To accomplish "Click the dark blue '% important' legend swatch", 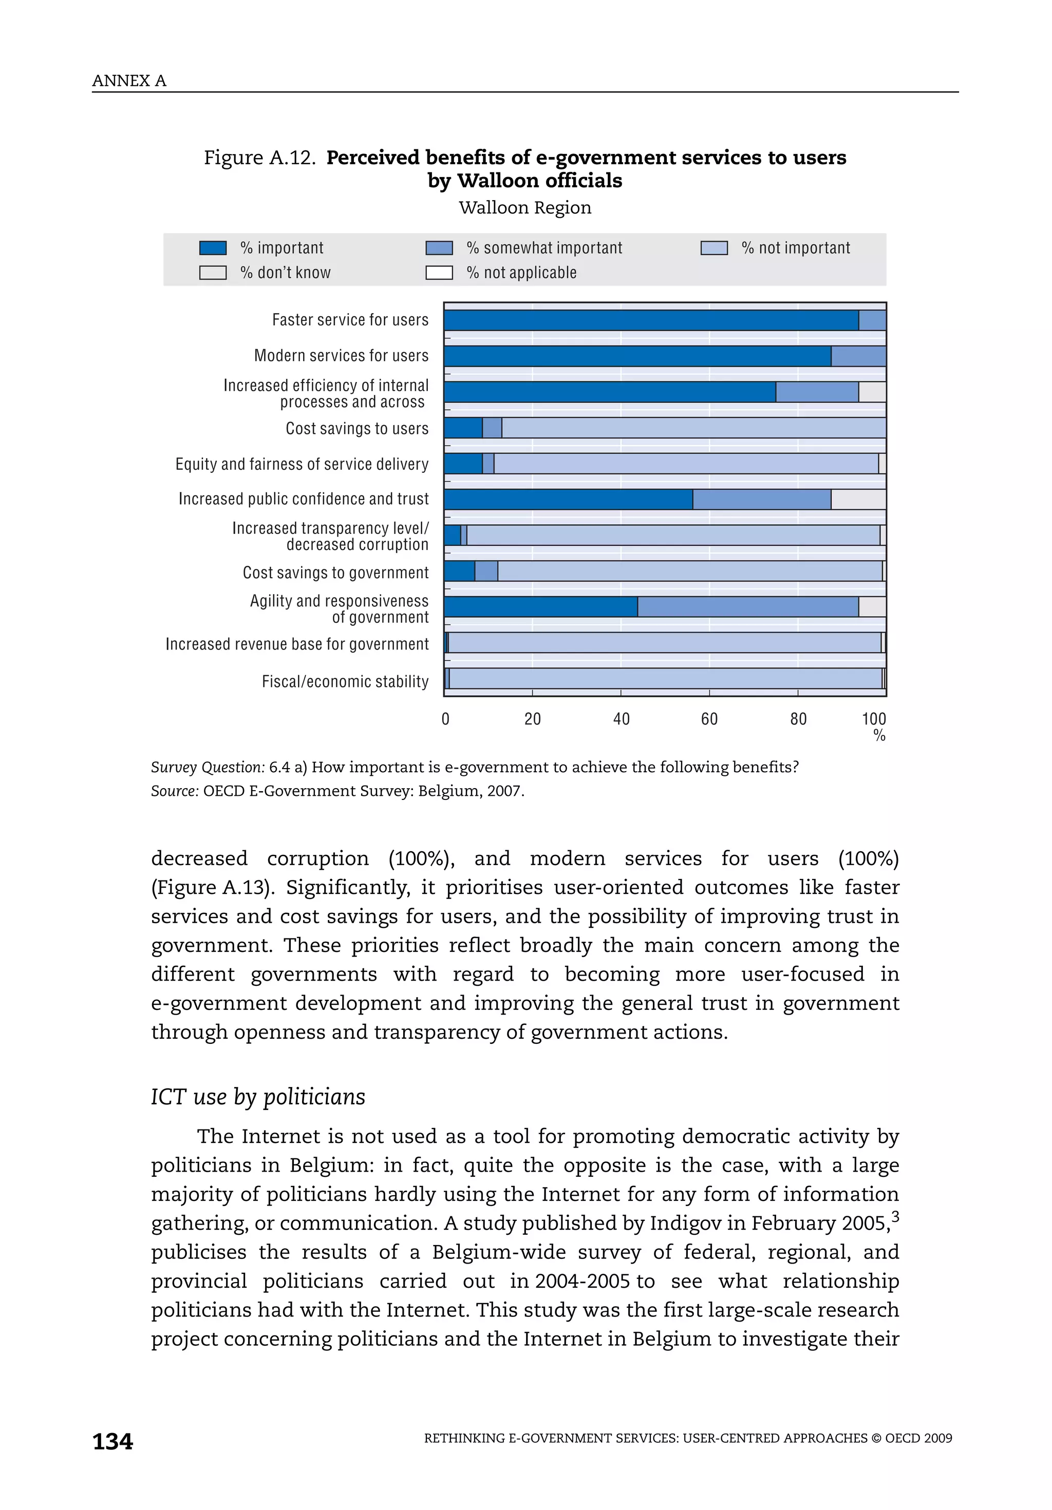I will point(213,248).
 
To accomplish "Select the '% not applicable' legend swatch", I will point(439,272).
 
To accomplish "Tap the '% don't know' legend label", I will point(285,272).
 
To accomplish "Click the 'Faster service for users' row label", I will point(350,320).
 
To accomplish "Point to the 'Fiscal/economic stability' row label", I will point(345,681).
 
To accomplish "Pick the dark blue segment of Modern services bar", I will point(637,356).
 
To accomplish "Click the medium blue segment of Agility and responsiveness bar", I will point(747,606).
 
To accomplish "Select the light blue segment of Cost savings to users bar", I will point(693,428).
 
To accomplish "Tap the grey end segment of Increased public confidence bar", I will point(858,499).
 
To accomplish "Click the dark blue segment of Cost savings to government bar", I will point(459,571).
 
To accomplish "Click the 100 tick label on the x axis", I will point(874,719).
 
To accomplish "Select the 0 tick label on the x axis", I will point(445,719).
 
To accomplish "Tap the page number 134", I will point(112,1442).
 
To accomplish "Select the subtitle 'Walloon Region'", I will point(525,208).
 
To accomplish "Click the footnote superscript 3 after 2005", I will point(895,1217).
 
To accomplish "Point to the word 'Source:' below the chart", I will point(174,791).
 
